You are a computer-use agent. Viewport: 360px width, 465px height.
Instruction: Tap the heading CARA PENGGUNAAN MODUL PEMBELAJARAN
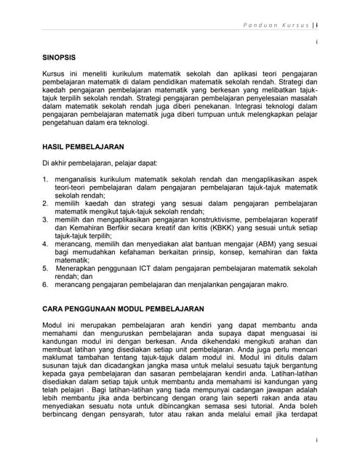(122, 308)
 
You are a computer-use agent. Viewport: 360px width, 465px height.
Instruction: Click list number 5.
(45, 267)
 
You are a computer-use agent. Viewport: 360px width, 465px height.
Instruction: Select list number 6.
(45, 284)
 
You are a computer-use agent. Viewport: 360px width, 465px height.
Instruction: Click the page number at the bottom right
(316, 441)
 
